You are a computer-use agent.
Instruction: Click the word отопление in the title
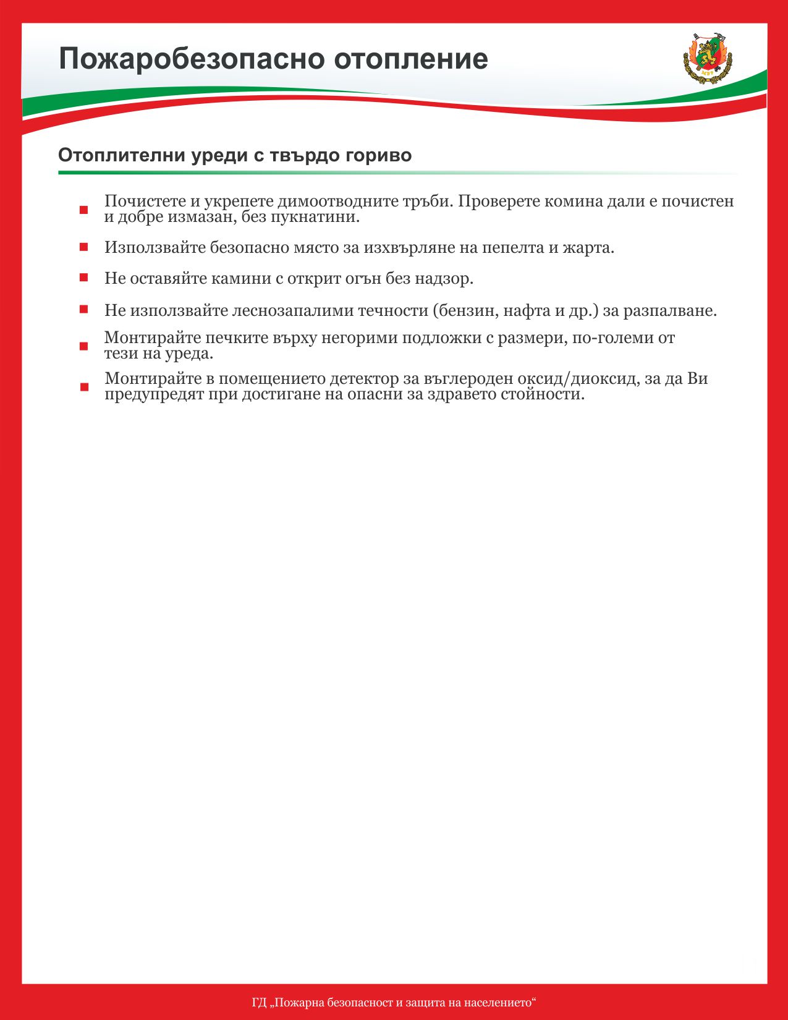click(x=411, y=59)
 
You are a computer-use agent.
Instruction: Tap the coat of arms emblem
click(x=707, y=57)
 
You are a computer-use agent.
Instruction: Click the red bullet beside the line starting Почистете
click(x=83, y=210)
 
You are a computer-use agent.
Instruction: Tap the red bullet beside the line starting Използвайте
click(x=83, y=247)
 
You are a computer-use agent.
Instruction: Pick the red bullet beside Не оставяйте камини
click(x=83, y=278)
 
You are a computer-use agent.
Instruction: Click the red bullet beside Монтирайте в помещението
click(x=83, y=387)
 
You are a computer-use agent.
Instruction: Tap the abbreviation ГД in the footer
click(x=259, y=1002)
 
